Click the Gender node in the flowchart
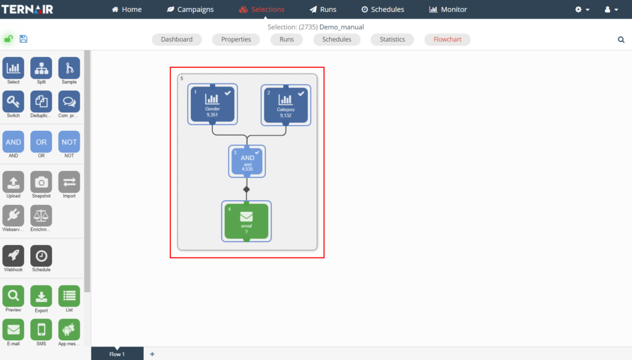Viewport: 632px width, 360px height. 212,104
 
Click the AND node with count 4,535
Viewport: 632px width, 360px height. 247,161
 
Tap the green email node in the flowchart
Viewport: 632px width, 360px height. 246,221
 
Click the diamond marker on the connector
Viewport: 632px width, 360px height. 246,189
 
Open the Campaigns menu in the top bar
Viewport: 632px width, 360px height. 190,9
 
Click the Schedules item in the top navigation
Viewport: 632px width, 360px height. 383,9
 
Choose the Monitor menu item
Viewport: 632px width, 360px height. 448,9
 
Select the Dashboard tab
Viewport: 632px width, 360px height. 177,40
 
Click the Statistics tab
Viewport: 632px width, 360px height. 393,40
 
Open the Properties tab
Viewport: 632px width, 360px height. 236,40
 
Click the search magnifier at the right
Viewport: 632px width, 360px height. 621,40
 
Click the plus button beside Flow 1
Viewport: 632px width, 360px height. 152,354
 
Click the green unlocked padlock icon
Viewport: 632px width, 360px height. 9,39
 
